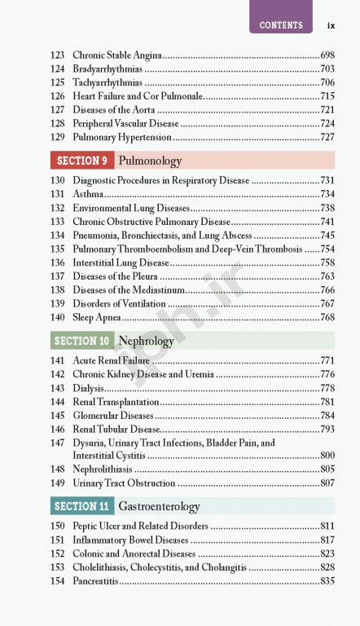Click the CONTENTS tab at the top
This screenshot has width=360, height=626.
[281, 25]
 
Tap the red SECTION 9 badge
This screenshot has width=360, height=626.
[82, 161]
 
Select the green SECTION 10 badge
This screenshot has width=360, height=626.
[82, 341]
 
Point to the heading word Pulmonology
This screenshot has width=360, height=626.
[150, 161]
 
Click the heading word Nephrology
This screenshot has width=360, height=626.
[146, 341]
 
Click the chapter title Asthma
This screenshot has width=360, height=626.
[89, 194]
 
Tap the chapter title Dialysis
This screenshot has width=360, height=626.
[89, 388]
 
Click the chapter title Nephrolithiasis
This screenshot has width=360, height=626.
[103, 469]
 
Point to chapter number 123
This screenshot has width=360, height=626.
[57, 55]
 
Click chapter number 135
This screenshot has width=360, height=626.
[57, 249]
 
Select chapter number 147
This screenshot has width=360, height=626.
[57, 443]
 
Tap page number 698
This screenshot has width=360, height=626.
[327, 55]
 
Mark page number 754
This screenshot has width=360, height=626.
[327, 249]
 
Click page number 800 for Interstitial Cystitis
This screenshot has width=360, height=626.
[327, 455]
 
